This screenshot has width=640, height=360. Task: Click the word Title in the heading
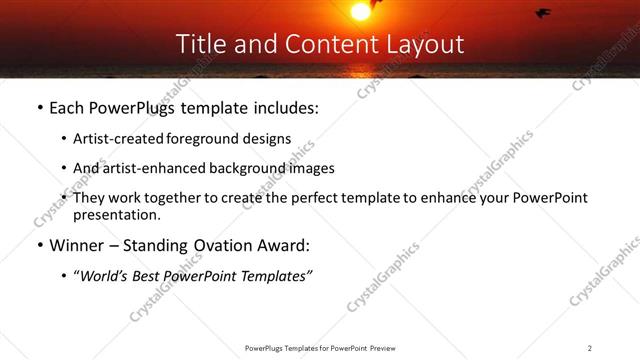click(x=199, y=44)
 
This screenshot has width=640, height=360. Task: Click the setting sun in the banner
click(x=360, y=10)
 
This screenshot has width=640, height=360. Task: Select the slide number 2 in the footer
click(x=590, y=348)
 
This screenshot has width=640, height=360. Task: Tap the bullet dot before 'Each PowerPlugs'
click(x=39, y=107)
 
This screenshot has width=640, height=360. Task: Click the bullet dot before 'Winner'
click(x=39, y=246)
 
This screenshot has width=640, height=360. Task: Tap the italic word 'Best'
click(x=156, y=277)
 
